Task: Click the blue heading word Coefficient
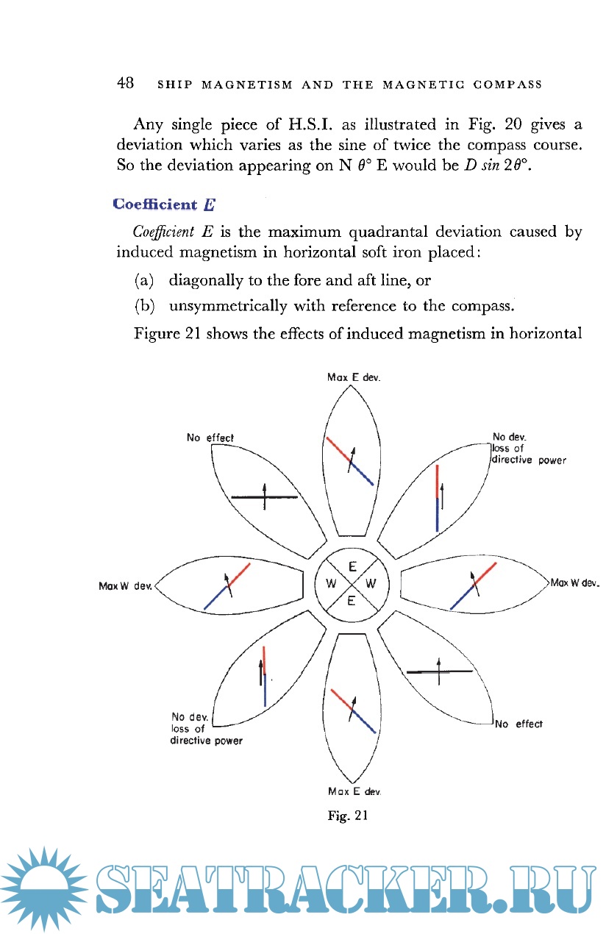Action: point(155,204)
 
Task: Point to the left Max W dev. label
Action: point(124,586)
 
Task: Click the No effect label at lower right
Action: point(519,724)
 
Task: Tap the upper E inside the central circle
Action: point(352,568)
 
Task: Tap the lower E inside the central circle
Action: point(352,601)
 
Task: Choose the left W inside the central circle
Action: point(331,585)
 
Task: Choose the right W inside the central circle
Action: point(371,585)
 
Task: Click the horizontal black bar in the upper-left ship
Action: point(264,498)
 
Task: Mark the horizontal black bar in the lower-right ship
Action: point(439,671)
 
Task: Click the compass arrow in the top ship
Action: point(352,462)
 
